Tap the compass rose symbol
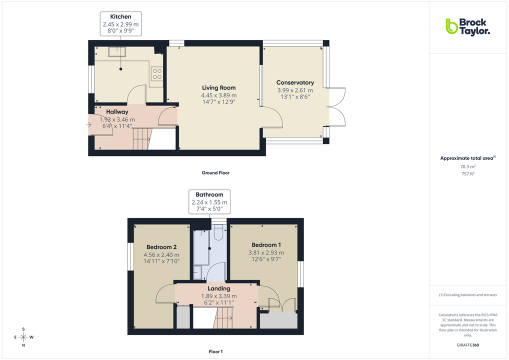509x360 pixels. tap(23, 337)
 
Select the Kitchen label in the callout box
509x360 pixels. tap(120, 17)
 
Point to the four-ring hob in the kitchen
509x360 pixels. tap(157, 73)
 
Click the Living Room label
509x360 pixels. tap(218, 88)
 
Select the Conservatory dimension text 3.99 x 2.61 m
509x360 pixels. tap(295, 90)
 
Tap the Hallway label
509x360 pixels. tap(117, 112)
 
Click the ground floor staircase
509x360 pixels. tap(142, 138)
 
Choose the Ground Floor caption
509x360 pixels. tap(215, 173)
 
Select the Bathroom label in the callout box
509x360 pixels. tap(209, 194)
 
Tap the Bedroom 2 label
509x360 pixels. tap(161, 247)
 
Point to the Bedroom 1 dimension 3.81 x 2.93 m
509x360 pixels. tap(266, 252)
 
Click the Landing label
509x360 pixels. tap(219, 288)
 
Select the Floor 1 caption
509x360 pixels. tap(215, 352)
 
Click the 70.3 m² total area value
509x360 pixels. tap(467, 166)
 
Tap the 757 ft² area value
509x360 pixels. tap(467, 174)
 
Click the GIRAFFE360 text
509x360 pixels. tap(467, 345)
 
